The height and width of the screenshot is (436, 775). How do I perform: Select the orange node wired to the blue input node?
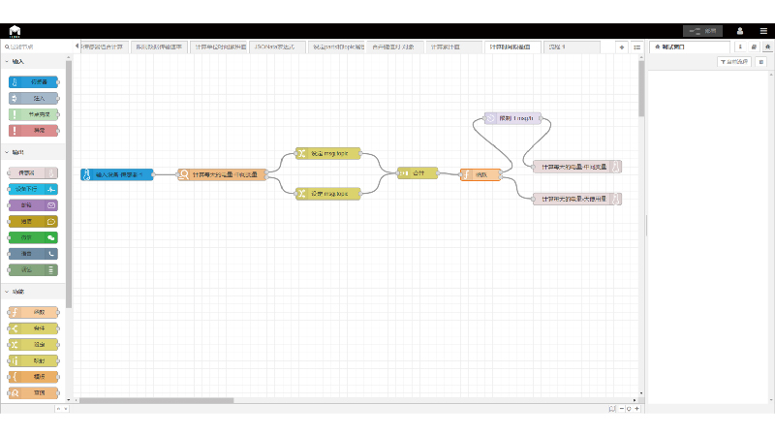[221, 174]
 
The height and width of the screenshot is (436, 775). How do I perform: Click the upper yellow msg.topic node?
[327, 154]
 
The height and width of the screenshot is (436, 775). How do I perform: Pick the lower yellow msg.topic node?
[327, 194]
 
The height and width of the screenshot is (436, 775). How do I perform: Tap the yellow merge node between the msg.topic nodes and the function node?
[418, 173]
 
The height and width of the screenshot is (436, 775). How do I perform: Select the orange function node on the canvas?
[480, 174]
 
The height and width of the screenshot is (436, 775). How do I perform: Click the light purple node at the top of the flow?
[517, 118]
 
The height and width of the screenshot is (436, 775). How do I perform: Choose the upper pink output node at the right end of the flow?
[577, 167]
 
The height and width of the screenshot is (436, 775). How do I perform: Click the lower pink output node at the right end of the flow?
[577, 199]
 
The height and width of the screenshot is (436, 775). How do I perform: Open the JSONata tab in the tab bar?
[276, 47]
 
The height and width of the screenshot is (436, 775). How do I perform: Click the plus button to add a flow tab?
[622, 47]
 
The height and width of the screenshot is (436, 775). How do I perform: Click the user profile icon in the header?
[739, 31]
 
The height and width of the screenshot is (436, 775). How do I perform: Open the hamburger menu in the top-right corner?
[762, 31]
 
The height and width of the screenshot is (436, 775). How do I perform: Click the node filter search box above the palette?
[39, 47]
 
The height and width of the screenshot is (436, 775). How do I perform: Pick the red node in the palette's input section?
[34, 131]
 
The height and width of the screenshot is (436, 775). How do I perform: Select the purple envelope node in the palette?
[34, 205]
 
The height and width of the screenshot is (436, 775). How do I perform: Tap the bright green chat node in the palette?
[34, 236]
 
